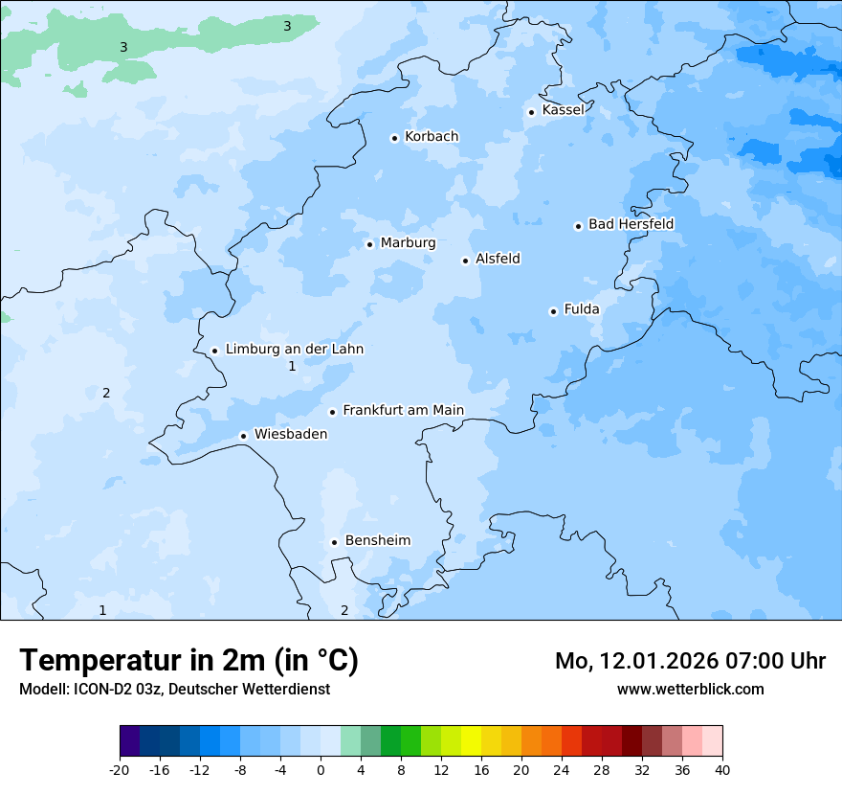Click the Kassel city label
coord(563,110)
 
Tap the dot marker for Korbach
coord(394,138)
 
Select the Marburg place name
coord(408,243)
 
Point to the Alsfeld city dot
coord(465,261)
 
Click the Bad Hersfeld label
coord(631,224)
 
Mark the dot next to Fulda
coord(553,311)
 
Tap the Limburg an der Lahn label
coord(294,350)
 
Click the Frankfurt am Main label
coord(403,411)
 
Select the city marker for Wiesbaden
coord(244,436)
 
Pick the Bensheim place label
coord(377,541)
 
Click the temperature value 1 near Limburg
coord(292,366)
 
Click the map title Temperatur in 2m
coord(188,661)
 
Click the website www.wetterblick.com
coord(690,689)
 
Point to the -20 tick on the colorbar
coord(120,769)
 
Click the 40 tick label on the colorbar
coord(721,769)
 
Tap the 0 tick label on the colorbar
coord(321,769)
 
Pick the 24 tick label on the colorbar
coord(562,769)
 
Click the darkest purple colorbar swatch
coord(129,741)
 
